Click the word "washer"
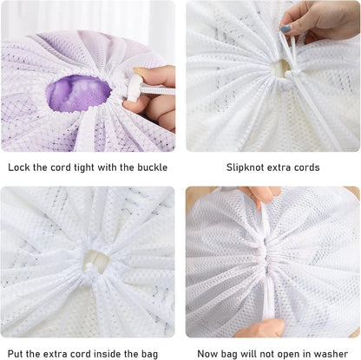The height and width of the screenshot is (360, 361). click(x=331, y=354)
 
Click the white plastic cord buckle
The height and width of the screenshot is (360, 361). click(x=135, y=88)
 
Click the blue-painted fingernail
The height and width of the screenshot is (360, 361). click(x=286, y=29)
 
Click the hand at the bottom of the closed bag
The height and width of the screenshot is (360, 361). click(x=258, y=328)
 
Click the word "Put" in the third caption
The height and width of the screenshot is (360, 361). click(x=15, y=354)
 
